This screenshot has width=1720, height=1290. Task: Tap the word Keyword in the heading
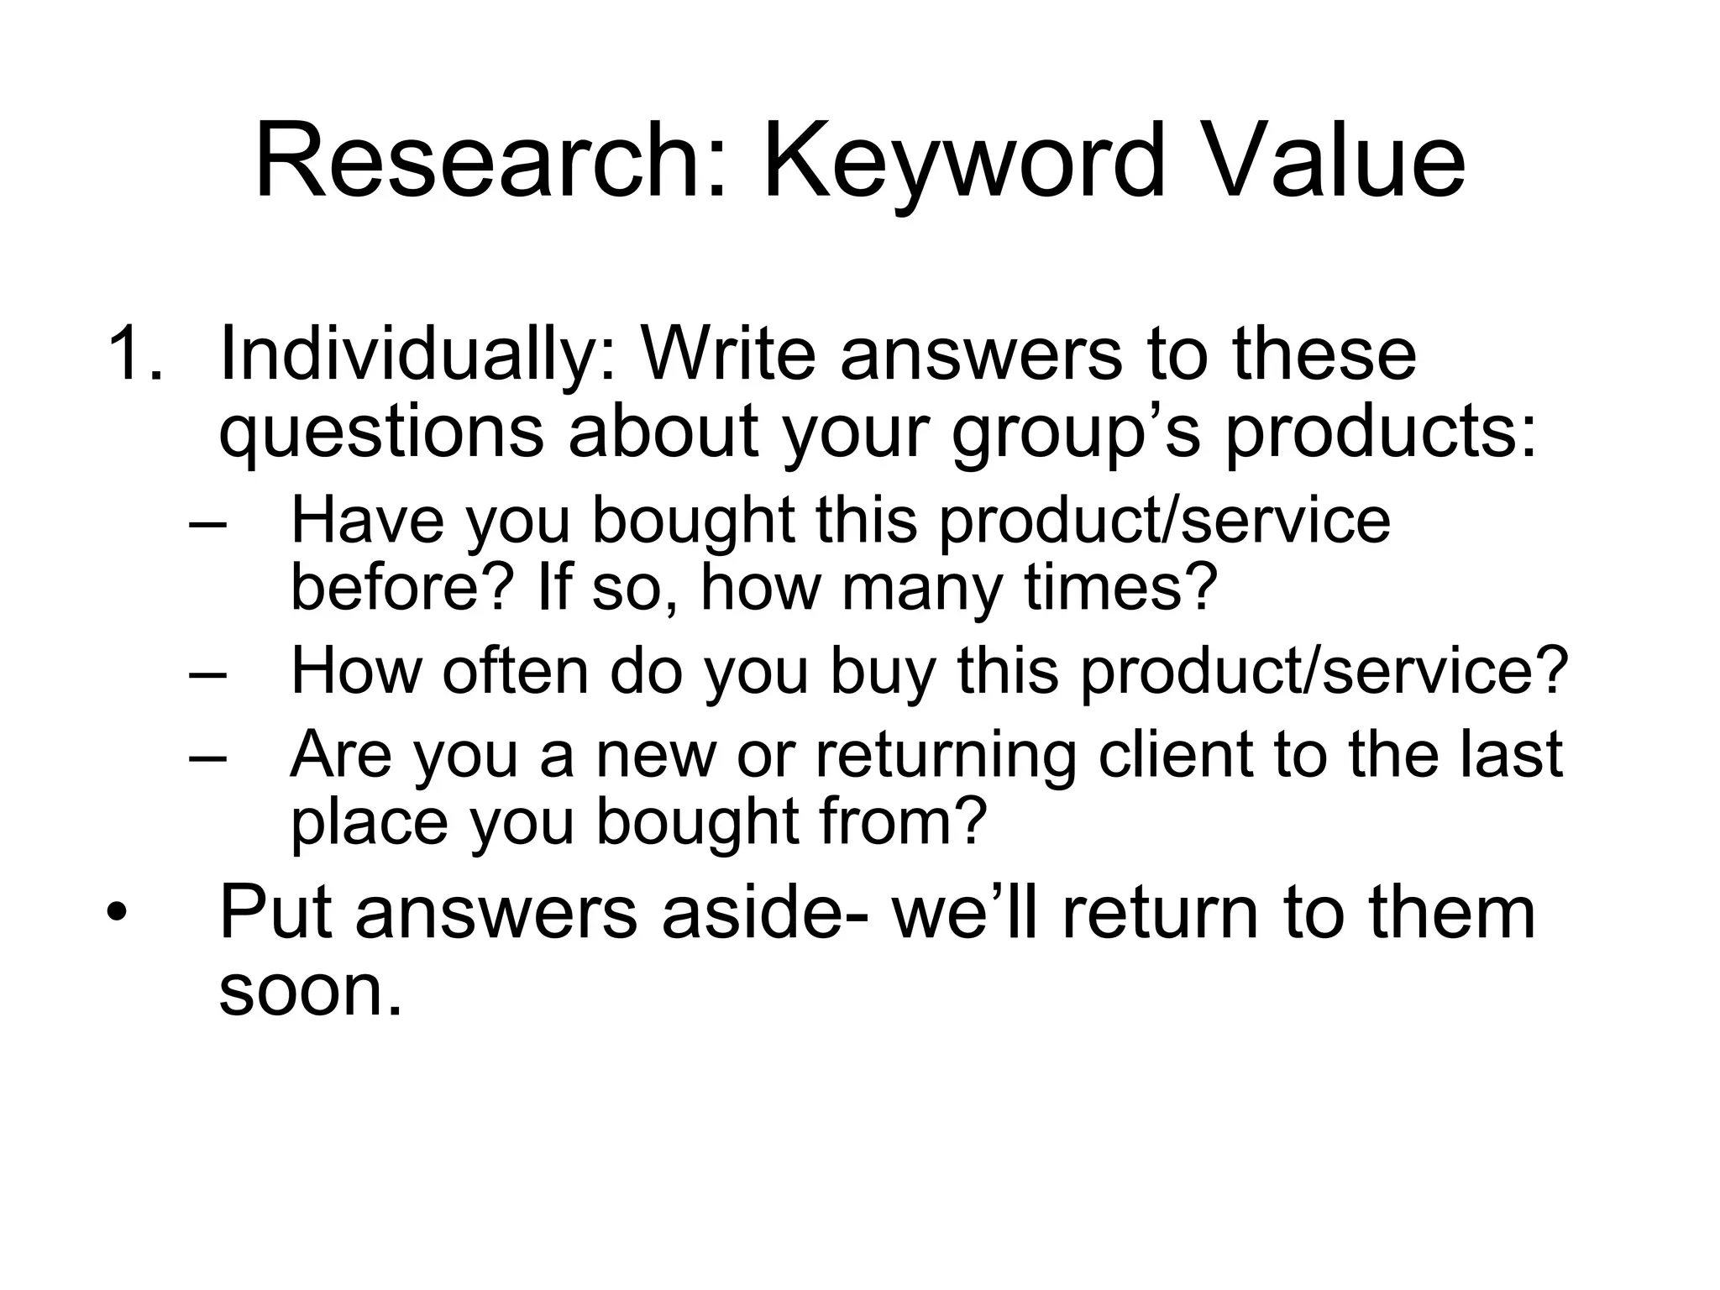coord(963,161)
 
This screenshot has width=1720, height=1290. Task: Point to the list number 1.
coord(134,354)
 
